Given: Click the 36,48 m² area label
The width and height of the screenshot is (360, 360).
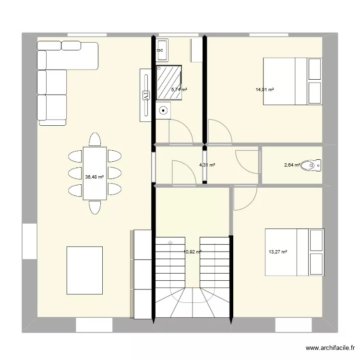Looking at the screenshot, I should coord(94,177).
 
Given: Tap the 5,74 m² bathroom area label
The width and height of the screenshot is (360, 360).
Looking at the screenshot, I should coord(179,89).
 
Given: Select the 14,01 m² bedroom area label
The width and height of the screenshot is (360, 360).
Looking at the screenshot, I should coord(264,89).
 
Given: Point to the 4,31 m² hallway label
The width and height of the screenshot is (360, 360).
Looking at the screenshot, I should coord(207,165).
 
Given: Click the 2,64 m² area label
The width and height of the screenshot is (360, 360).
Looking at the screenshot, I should coord(292,165).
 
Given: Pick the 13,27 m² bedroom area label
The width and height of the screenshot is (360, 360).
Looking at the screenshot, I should coord(278,252).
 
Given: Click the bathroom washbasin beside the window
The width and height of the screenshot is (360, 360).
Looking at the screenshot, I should coord(162,49).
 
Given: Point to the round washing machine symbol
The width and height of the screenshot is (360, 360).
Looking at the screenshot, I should coord(164,110).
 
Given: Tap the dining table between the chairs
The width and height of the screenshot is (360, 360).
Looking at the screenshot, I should coord(94,173).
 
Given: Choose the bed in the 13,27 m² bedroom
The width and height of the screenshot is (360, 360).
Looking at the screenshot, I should coord(294,252).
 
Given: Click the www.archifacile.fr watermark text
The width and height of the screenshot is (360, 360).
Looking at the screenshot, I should coord(329,348).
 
